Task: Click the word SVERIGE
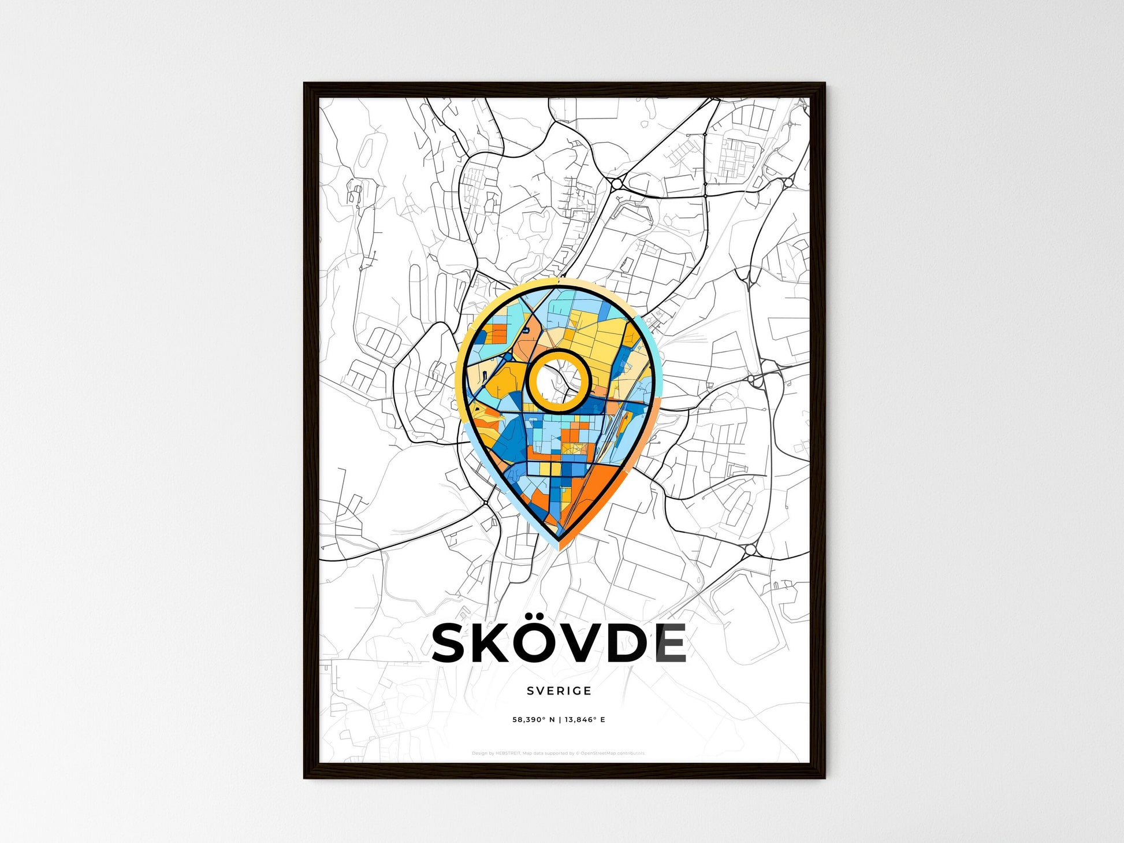pyautogui.click(x=559, y=690)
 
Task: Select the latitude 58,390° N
pyautogui.click(x=534, y=720)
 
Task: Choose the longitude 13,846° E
pyautogui.click(x=585, y=720)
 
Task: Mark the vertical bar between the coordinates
pyautogui.click(x=560, y=720)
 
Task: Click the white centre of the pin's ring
pyautogui.click(x=558, y=381)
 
